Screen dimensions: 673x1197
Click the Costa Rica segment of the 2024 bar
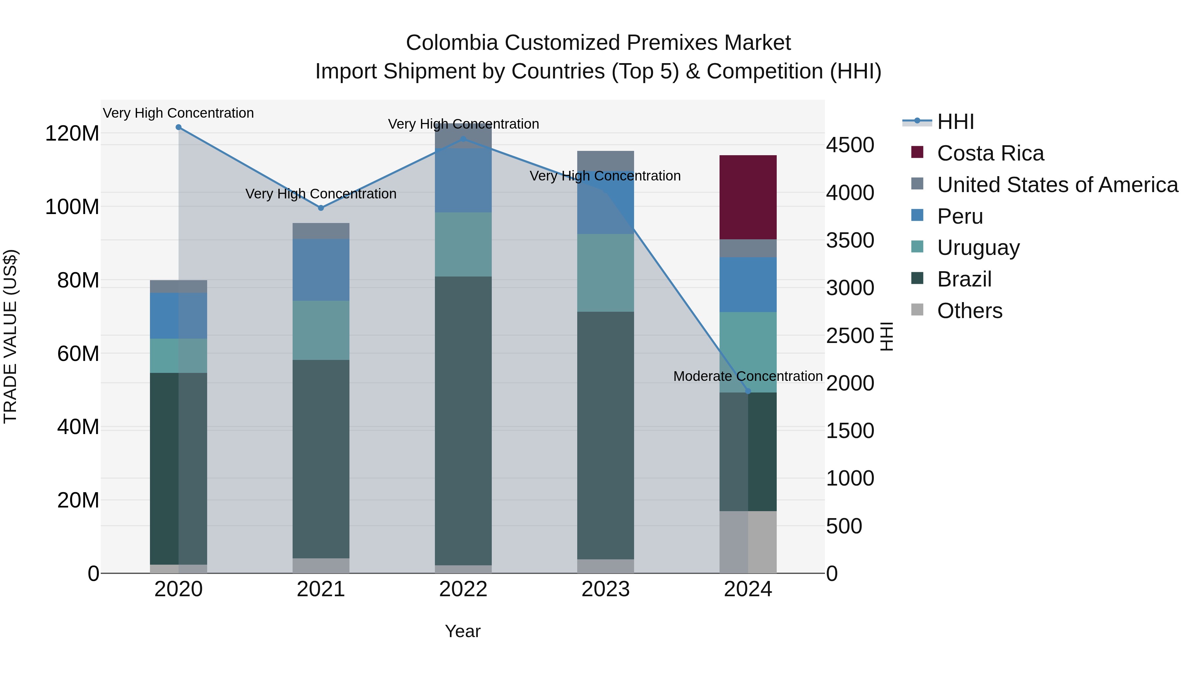748,197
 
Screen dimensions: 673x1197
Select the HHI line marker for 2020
179,127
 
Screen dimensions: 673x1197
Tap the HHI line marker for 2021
321,208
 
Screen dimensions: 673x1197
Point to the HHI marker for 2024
748,391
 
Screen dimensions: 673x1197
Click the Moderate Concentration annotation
748,376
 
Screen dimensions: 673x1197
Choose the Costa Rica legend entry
990,153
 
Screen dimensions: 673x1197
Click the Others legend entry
969,311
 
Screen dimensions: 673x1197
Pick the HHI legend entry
955,122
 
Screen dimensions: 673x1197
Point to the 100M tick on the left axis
72,207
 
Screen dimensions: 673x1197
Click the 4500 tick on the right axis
850,145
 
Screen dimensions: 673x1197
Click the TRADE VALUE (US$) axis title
10,336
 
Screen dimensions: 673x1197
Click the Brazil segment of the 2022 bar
463,420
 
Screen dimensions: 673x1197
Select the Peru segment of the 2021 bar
321,270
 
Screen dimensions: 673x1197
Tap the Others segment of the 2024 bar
748,542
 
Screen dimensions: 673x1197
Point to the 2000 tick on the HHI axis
850,383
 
